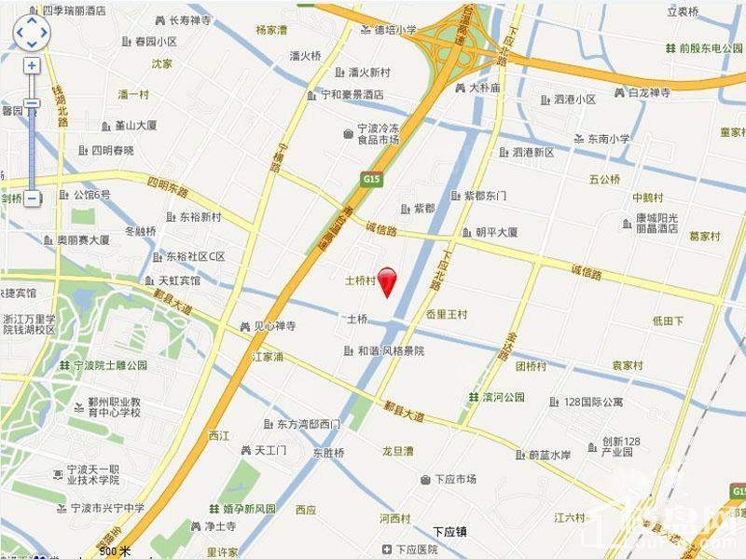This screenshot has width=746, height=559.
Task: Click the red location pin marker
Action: [x=386, y=279]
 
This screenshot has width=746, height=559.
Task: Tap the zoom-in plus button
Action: [x=32, y=66]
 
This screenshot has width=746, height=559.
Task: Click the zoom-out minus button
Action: [x=32, y=198]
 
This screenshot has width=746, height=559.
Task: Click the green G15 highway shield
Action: [x=374, y=177]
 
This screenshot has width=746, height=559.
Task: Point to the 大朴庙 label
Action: [x=484, y=89]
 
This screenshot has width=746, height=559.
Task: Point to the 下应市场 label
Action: [x=454, y=479]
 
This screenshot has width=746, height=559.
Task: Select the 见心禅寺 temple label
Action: [x=274, y=326]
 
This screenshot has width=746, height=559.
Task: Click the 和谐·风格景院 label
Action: [x=391, y=351]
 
